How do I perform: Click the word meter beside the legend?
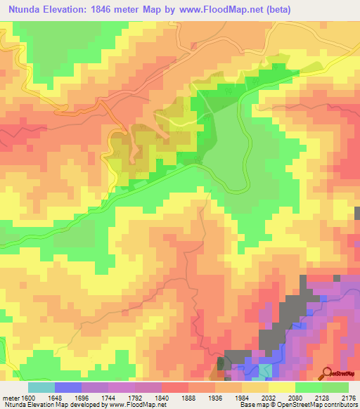coord(10,397)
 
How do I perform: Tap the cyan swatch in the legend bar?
coord(41,387)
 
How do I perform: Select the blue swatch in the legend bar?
coord(67,387)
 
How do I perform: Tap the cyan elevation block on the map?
coord(265,370)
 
